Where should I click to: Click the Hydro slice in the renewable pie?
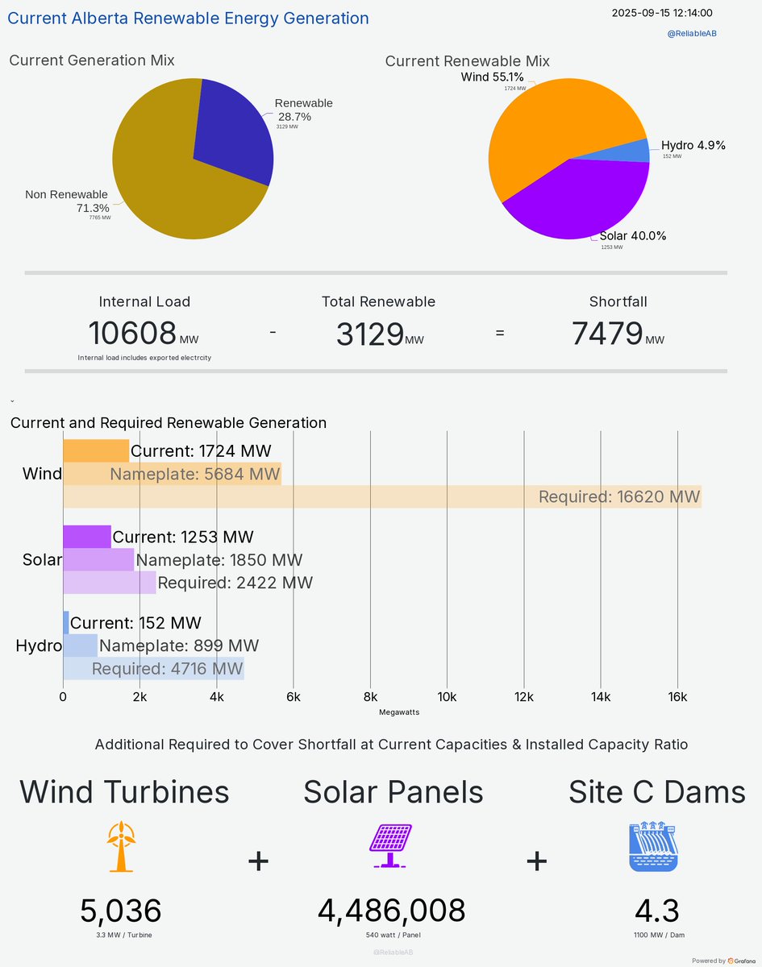(x=637, y=151)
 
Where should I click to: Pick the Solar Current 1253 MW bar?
(x=87, y=537)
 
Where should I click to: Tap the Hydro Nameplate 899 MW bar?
(x=81, y=645)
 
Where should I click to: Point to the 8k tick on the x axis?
(x=370, y=697)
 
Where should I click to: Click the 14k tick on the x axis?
(x=601, y=697)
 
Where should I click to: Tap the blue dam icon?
(x=654, y=846)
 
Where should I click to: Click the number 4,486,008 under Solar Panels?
(x=392, y=911)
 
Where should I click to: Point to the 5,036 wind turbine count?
(x=121, y=911)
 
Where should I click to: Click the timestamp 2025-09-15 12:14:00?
(x=661, y=13)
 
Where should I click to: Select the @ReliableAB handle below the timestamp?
(x=692, y=34)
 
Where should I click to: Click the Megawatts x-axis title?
(x=399, y=712)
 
